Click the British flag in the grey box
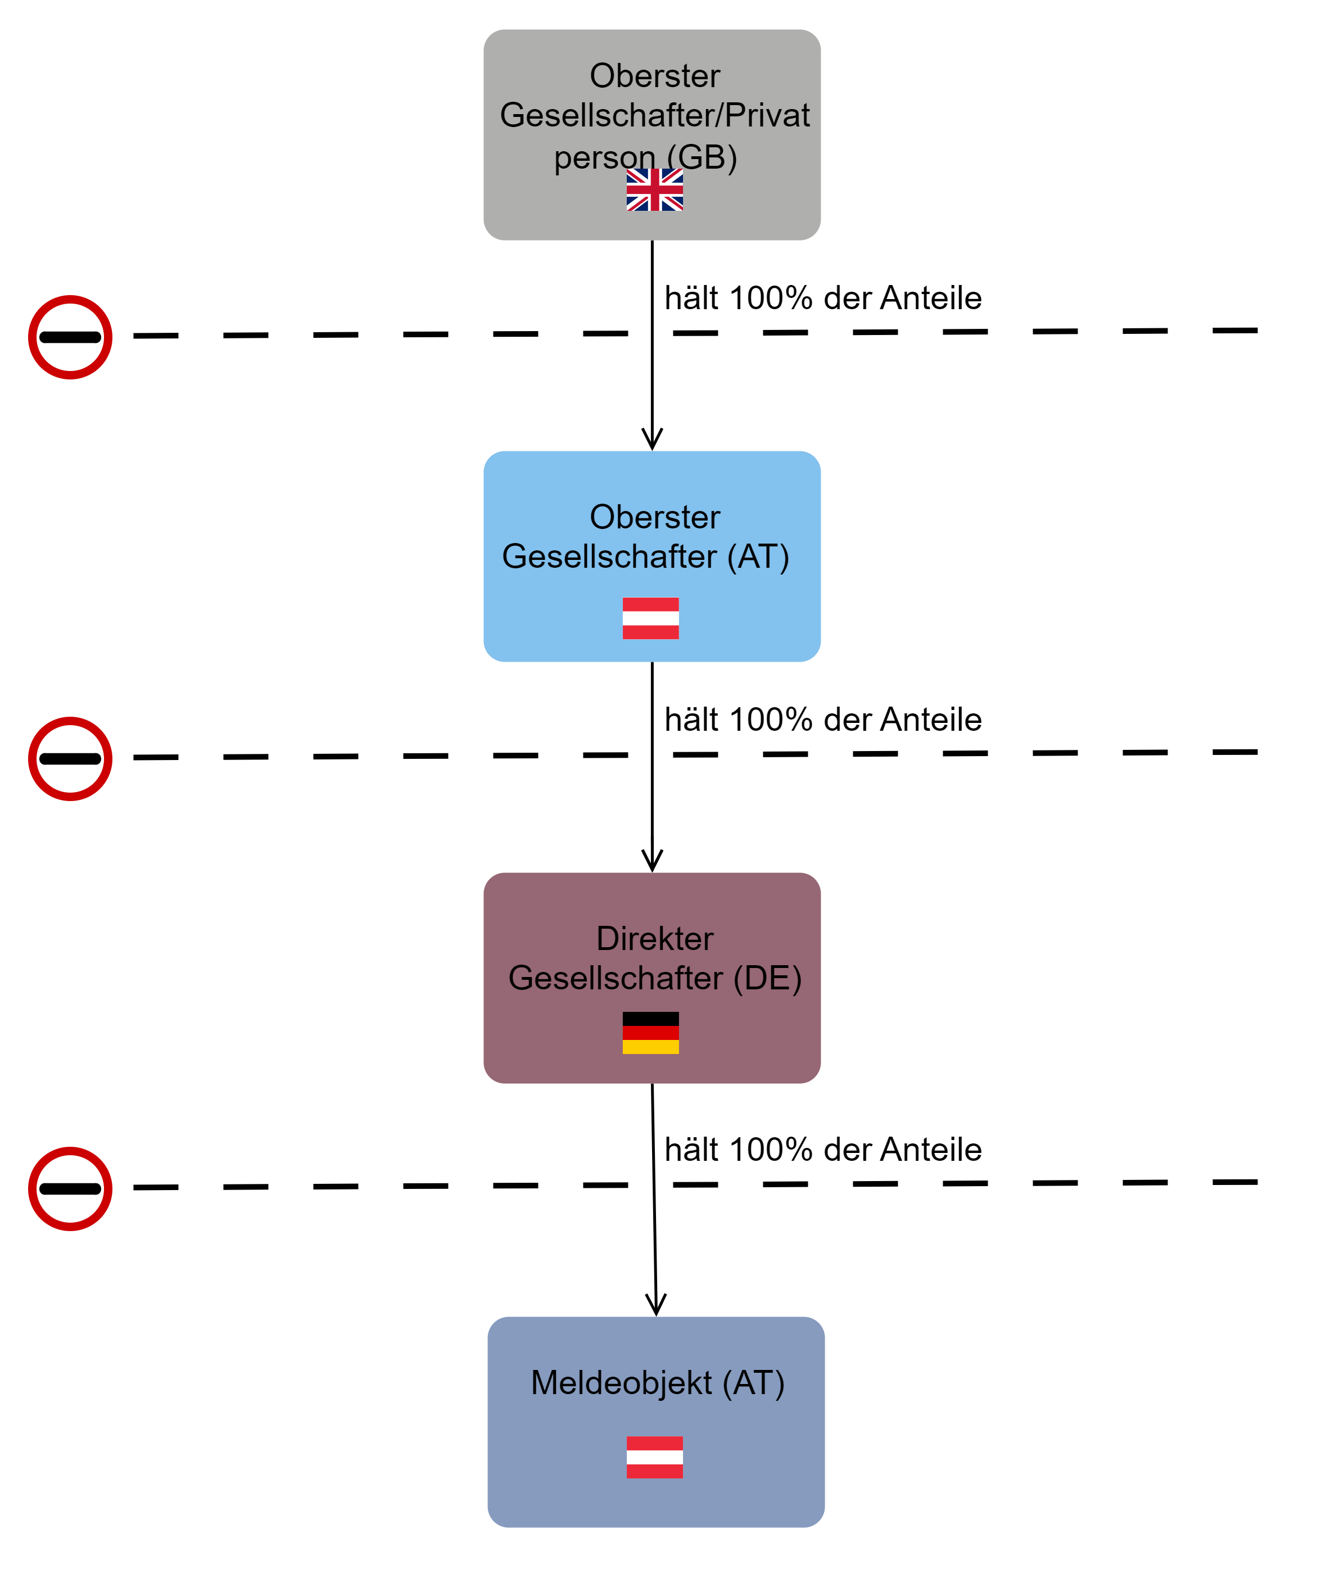pyautogui.click(x=654, y=189)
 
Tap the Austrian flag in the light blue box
pyautogui.click(x=651, y=618)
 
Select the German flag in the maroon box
pyautogui.click(x=651, y=1033)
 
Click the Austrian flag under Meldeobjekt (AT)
pyautogui.click(x=654, y=1457)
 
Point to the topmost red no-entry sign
pyautogui.click(x=70, y=337)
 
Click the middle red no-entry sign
pyautogui.click(x=70, y=758)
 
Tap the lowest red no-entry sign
pyautogui.click(x=70, y=1189)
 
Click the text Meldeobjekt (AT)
pyautogui.click(x=658, y=1383)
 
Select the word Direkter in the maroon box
pyautogui.click(x=654, y=938)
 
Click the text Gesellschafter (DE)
pyautogui.click(x=654, y=978)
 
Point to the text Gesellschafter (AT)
pyautogui.click(x=645, y=557)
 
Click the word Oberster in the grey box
pyautogui.click(x=654, y=76)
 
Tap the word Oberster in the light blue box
pyautogui.click(x=654, y=517)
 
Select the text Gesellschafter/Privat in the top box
pyautogui.click(x=654, y=115)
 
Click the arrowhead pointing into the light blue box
pyautogui.click(x=652, y=441)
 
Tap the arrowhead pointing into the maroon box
pyautogui.click(x=652, y=862)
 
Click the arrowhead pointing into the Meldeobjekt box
pyautogui.click(x=656, y=1306)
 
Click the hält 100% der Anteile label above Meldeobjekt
pyautogui.click(x=822, y=1150)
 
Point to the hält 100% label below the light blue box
pyautogui.click(x=822, y=720)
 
